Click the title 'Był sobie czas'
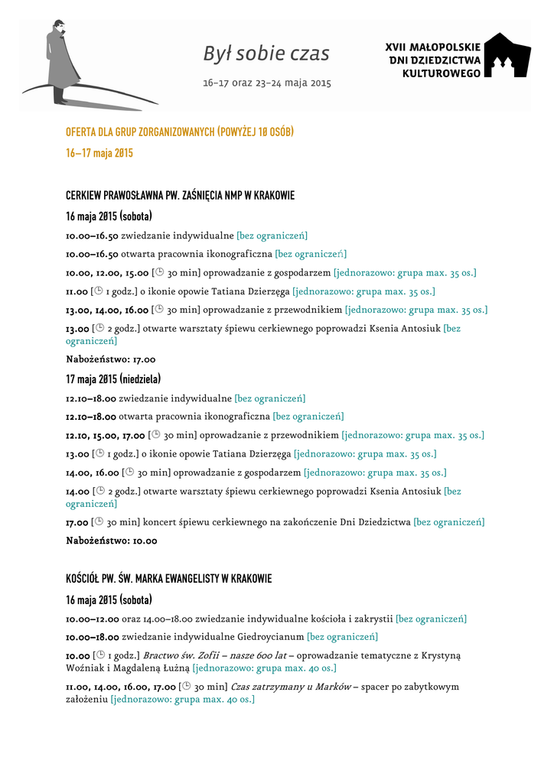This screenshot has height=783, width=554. [x=266, y=54]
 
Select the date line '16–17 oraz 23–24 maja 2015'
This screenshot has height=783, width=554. [x=266, y=83]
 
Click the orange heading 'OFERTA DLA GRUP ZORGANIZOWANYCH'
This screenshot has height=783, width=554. [x=180, y=132]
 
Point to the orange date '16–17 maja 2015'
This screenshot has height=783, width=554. [x=99, y=153]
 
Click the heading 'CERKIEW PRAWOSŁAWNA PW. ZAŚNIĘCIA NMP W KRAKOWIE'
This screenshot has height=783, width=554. [x=180, y=196]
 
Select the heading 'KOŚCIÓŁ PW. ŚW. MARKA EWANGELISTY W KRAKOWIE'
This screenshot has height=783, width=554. [x=168, y=578]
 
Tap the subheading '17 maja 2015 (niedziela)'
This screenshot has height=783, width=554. [x=113, y=379]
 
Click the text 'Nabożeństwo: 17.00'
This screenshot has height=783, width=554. [x=111, y=359]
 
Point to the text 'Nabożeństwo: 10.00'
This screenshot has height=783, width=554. [x=112, y=541]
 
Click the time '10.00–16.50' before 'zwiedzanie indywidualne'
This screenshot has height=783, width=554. [x=92, y=236]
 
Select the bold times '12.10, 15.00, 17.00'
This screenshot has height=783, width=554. [x=106, y=436]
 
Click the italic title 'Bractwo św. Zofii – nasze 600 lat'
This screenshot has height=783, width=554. [x=214, y=655]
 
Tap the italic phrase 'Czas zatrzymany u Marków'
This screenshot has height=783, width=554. [x=291, y=687]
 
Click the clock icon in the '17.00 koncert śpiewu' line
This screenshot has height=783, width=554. [x=98, y=522]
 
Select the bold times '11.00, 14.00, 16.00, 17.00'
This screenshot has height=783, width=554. [x=121, y=687]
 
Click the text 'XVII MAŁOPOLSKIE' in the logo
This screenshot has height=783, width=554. [x=432, y=47]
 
